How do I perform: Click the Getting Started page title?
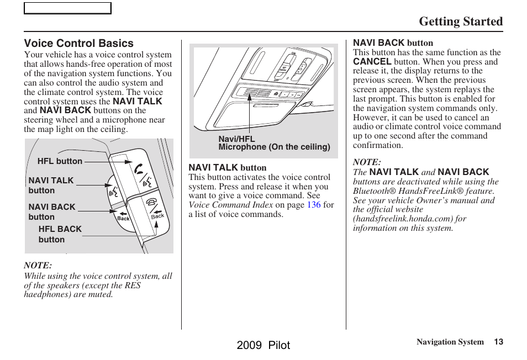460,22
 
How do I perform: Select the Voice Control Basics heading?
78,43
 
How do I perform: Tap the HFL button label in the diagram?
60,161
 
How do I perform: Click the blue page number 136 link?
313,205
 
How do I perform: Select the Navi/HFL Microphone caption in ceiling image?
273,144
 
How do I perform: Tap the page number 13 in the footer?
498,342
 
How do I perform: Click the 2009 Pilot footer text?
263,345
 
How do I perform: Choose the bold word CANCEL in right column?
372,62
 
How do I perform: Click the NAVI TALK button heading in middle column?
228,167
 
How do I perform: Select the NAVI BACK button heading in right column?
393,43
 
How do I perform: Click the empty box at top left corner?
67,8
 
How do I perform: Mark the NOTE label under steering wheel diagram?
38,266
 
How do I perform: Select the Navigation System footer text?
450,342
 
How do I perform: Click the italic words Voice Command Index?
231,205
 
